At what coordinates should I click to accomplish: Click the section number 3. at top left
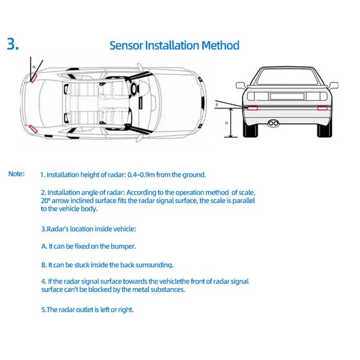[13, 45]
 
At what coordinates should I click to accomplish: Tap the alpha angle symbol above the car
[33, 66]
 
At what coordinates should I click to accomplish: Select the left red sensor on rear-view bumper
[252, 108]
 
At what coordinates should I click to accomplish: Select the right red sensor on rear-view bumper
[321, 108]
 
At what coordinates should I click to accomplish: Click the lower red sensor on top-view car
[32, 128]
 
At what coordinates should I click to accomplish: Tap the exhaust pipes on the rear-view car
[273, 122]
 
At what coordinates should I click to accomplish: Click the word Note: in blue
[17, 174]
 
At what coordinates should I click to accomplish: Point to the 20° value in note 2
[46, 200]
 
